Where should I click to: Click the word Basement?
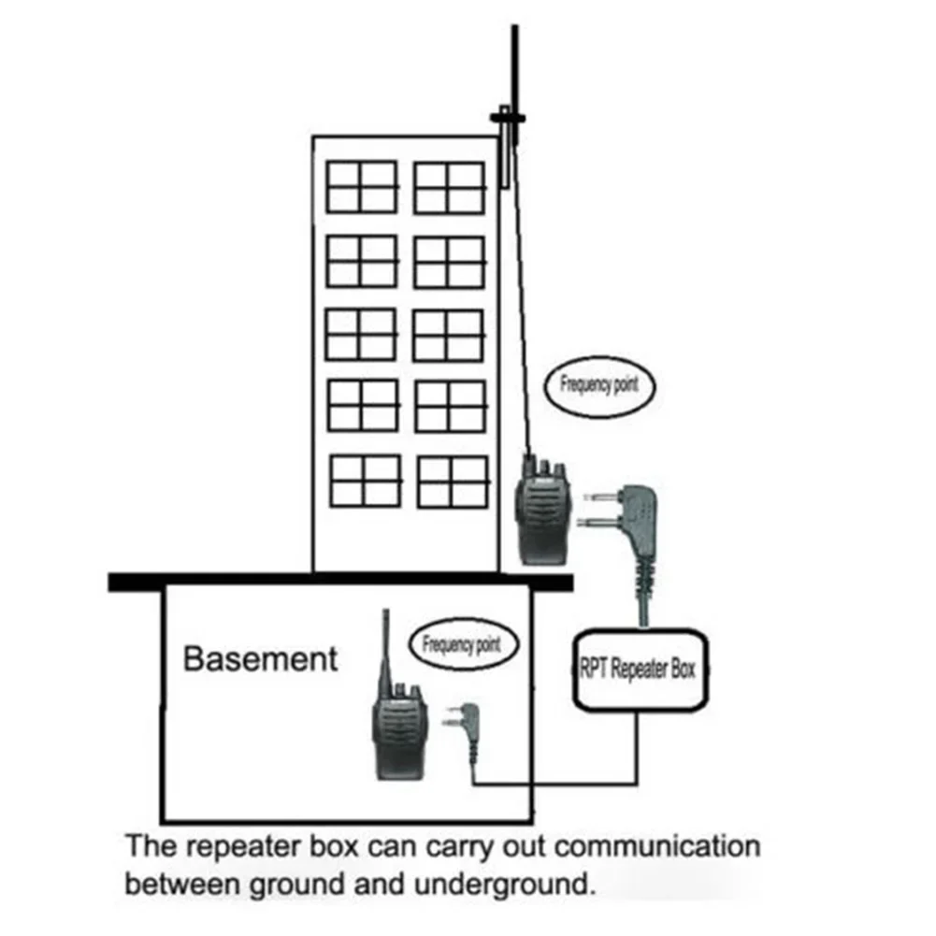pyautogui.click(x=260, y=658)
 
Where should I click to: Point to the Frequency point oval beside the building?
pyautogui.click(x=598, y=385)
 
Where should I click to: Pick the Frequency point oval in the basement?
pyautogui.click(x=461, y=644)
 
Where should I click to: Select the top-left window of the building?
pyautogui.click(x=362, y=187)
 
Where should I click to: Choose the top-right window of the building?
pyautogui.click(x=450, y=187)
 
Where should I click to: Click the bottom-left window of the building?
pyautogui.click(x=366, y=481)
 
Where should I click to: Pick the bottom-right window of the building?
pyautogui.click(x=453, y=481)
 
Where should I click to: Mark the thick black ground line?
pyautogui.click(x=339, y=582)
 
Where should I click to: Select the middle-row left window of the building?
pyautogui.click(x=362, y=334)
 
